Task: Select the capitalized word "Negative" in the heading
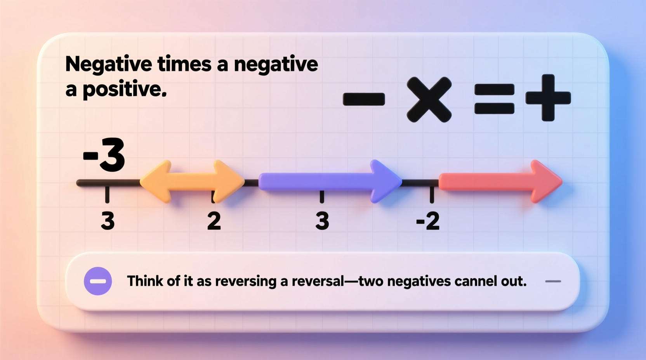[108, 65]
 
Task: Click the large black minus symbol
[364, 99]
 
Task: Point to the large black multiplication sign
[429, 99]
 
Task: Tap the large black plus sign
[548, 98]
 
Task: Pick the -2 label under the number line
[428, 221]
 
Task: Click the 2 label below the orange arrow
[214, 221]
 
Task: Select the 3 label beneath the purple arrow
[322, 221]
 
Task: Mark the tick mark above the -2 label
[432, 194]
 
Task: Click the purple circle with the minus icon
[98, 281]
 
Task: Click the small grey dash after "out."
[553, 281]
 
